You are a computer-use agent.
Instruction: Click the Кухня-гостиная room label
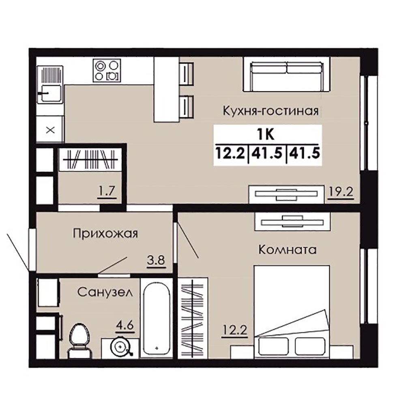(270, 111)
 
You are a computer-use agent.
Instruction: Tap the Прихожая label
(105, 233)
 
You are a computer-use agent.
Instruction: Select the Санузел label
(105, 292)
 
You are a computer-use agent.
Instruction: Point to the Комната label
(288, 249)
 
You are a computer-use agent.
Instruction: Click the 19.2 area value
(341, 192)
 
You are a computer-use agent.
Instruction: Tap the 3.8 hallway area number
(156, 261)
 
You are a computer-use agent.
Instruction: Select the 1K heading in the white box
(266, 135)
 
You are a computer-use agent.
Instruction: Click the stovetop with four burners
(107, 70)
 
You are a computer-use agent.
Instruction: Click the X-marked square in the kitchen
(50, 129)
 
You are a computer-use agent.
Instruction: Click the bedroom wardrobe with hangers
(193, 318)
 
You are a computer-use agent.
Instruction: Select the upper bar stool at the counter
(187, 73)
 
